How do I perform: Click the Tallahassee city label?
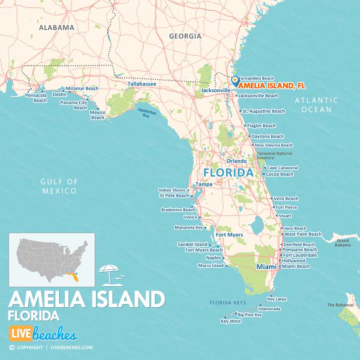(141, 84)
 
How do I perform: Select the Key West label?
(231, 321)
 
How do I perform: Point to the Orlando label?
(237, 161)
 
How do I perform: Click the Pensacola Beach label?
(36, 98)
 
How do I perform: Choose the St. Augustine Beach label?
(264, 111)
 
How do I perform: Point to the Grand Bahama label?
(342, 243)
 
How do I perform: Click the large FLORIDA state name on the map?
(228, 173)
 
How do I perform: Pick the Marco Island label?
(211, 266)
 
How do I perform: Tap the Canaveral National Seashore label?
(274, 156)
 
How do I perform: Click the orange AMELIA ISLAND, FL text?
(272, 86)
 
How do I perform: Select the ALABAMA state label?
(57, 27)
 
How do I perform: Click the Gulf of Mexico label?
(60, 186)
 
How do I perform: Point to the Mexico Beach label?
(97, 115)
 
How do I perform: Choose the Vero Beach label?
(286, 198)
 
